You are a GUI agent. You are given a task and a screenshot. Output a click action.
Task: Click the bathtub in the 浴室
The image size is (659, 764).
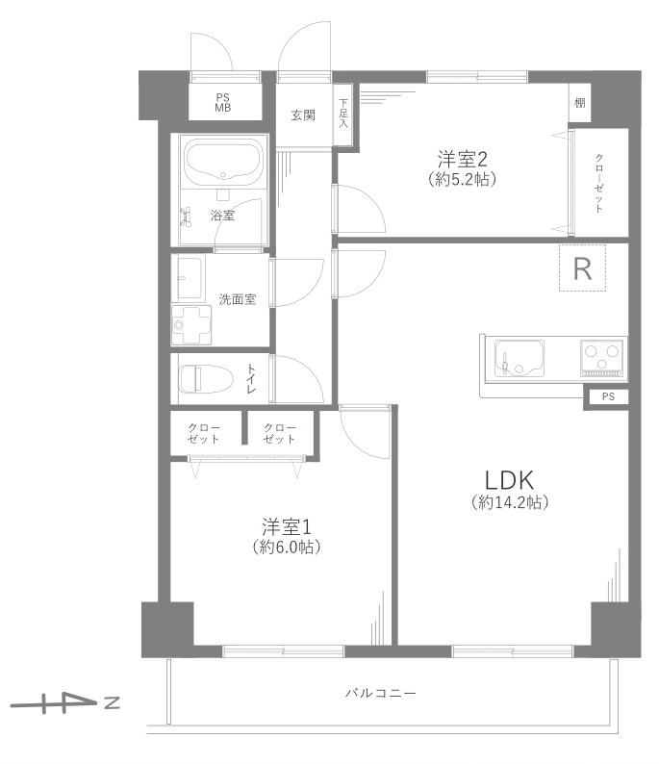[x=223, y=164]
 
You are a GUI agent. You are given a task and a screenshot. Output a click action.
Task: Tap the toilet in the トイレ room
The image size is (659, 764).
[x=205, y=379]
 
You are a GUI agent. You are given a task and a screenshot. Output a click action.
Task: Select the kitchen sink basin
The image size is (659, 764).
[x=520, y=359]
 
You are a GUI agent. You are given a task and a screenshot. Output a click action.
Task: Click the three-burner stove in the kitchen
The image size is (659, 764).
[x=603, y=359]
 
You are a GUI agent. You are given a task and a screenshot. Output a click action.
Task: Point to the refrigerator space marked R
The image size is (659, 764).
[x=582, y=268]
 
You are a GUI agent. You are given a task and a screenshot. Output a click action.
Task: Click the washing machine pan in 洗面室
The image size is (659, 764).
[x=191, y=325]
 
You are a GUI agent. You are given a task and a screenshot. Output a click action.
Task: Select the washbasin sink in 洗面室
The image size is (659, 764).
[x=189, y=277]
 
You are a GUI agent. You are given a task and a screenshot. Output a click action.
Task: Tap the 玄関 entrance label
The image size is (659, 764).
[x=303, y=115]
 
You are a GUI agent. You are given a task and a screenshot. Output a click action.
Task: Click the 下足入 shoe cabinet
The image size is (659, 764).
[x=343, y=115]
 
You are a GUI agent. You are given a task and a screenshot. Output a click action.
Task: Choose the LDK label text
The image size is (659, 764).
[x=509, y=480]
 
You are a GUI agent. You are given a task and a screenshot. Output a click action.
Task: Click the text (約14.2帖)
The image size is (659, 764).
[x=510, y=502]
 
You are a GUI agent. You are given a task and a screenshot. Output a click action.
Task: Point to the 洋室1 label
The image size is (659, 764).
[x=287, y=526]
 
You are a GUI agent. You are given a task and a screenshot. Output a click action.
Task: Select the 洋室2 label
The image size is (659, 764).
[x=462, y=159]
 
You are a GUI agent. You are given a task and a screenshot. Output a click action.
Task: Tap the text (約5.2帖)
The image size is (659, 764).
[x=462, y=179]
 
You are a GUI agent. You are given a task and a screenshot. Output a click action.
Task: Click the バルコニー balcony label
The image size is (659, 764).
[x=381, y=693]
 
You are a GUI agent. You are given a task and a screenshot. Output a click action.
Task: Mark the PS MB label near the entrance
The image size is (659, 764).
[x=223, y=103]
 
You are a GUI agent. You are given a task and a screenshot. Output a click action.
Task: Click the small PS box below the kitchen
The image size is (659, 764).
[x=608, y=397]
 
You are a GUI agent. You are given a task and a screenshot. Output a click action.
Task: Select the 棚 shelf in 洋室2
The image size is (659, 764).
[x=579, y=103]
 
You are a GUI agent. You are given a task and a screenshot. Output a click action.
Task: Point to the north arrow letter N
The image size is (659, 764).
[x=112, y=702]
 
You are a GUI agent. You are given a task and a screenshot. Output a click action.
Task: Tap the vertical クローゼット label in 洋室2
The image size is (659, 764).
[x=599, y=183]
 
